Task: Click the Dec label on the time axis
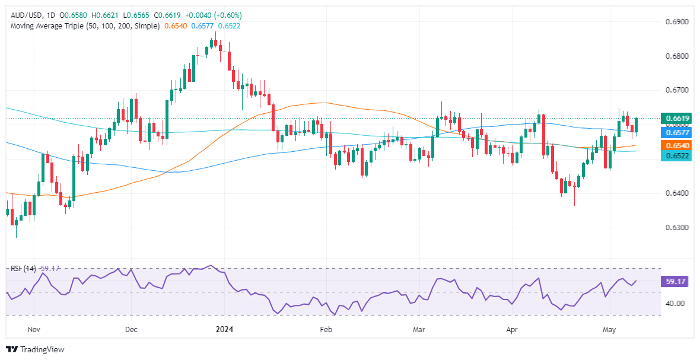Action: click(131, 328)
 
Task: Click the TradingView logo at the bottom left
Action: click(35, 349)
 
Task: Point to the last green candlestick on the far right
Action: click(637, 125)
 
